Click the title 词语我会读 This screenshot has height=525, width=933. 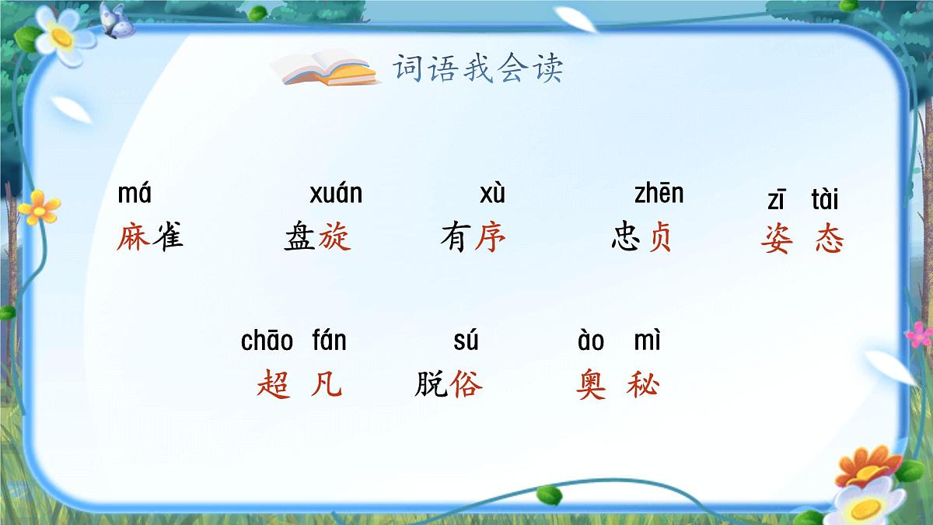tap(477, 68)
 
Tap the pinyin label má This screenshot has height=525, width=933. tap(134, 194)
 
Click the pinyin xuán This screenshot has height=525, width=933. tap(336, 194)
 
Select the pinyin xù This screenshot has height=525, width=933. tap(492, 194)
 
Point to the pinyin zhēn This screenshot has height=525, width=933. tap(659, 194)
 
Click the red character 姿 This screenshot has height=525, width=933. tap(777, 240)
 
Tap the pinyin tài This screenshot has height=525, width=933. tap(825, 201)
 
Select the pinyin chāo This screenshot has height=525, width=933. tap(267, 341)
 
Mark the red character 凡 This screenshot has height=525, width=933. tap(326, 384)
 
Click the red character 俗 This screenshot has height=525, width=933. tap(466, 384)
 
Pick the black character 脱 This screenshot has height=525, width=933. tap(431, 384)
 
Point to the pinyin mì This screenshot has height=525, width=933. tap(647, 341)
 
